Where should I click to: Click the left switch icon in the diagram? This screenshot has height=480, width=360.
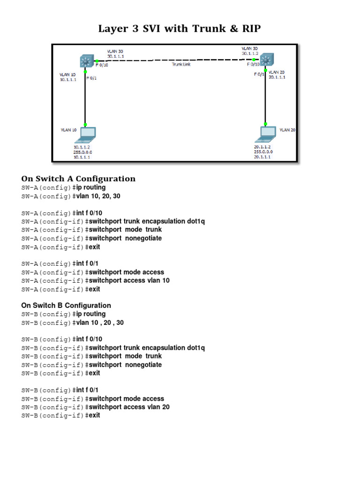86,61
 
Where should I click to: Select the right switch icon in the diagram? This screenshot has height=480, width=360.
266,60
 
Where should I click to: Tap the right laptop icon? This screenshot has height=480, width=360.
265,134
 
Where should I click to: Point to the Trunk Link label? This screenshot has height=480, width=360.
180,65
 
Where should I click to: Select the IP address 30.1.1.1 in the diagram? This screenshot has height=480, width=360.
115,56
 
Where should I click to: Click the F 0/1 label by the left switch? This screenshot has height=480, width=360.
91,78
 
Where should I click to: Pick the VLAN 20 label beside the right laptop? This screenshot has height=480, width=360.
287,130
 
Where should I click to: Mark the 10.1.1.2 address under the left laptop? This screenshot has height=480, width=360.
82,147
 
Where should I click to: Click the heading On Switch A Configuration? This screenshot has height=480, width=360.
78,179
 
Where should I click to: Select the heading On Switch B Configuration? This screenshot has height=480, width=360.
66,305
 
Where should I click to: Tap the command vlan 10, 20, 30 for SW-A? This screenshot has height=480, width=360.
98,196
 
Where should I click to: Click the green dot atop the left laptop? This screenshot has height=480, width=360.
85,125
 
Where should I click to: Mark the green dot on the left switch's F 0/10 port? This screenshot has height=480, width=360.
97,61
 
